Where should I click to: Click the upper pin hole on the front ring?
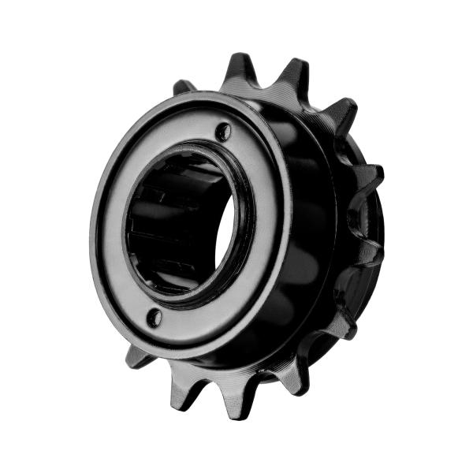pos(225,130)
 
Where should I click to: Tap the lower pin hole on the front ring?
pos(155,317)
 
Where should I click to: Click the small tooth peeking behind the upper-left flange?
pos(183,86)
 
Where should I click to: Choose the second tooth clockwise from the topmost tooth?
pos(339,114)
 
